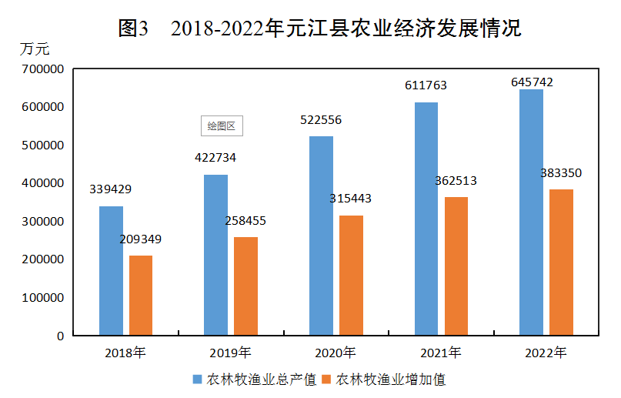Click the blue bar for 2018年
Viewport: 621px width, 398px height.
(111, 271)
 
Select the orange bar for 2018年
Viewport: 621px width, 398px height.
(141, 296)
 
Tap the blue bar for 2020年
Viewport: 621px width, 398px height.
(321, 236)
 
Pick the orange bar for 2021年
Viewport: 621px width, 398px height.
(456, 266)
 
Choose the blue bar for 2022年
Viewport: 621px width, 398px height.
(531, 212)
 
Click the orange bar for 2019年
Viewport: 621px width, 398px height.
(245, 286)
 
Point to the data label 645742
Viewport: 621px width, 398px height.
(532, 82)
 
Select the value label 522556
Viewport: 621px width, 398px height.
(320, 120)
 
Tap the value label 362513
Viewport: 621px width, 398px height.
(456, 181)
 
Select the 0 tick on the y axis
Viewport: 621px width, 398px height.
(60, 336)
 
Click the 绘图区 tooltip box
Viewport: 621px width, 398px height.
(222, 125)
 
